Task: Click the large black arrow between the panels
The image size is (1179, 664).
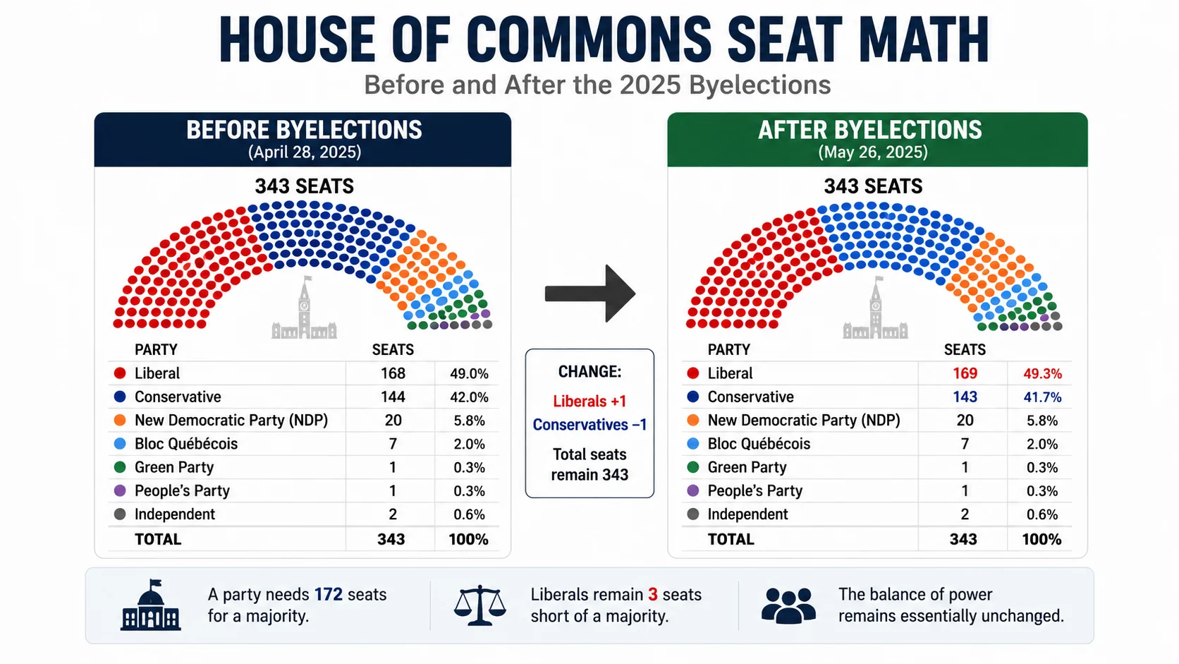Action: pos(589,294)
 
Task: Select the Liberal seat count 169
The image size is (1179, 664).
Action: pos(965,373)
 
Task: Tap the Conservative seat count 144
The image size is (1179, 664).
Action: pos(393,397)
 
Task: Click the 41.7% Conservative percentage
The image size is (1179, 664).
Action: pos(1042,397)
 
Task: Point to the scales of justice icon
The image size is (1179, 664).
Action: pos(479,605)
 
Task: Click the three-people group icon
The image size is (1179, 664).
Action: pos(788,605)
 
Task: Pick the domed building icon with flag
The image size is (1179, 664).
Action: pos(150,605)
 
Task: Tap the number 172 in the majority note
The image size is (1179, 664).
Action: pos(329,594)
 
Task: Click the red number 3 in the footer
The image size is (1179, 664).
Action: pos(653,594)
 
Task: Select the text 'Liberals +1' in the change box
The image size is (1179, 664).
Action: pos(589,402)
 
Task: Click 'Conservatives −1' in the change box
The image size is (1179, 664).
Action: pos(589,424)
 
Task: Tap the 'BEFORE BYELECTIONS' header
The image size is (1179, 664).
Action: pos(304,130)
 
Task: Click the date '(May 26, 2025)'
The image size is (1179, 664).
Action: pos(873,152)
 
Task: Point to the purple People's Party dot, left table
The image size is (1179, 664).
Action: pos(120,490)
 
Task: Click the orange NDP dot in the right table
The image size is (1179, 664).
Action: pos(692,420)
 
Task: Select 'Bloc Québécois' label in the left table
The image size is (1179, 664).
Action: pos(186,444)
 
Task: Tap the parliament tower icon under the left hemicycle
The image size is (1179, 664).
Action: pos(304,308)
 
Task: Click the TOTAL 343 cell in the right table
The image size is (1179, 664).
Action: pos(963,539)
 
